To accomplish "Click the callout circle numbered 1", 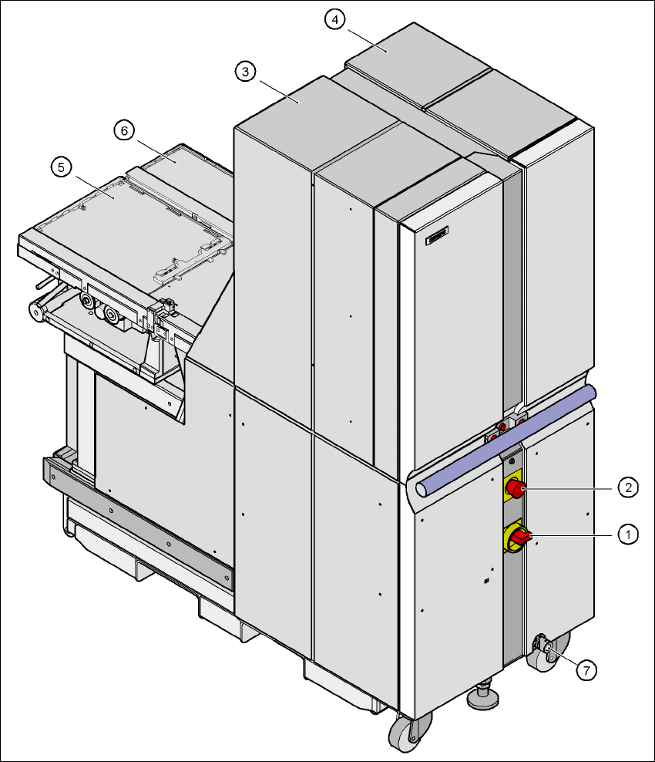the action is (x=630, y=534).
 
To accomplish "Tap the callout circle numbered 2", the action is (x=630, y=487).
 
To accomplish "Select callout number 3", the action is (x=244, y=72).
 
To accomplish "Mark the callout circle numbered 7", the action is (x=586, y=670).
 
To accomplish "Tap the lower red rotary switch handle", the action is (x=520, y=538).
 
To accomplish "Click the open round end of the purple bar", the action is (x=423, y=489).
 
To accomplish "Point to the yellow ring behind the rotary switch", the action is (x=509, y=543).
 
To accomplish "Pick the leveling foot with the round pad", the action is (x=483, y=697).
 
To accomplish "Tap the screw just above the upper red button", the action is (x=512, y=460).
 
